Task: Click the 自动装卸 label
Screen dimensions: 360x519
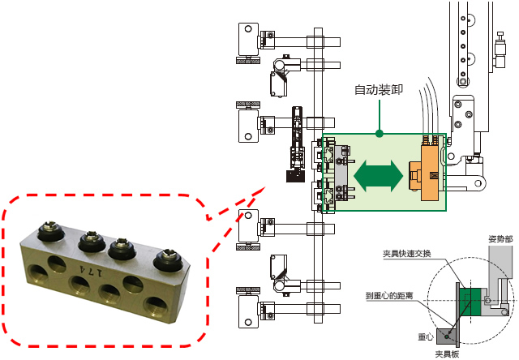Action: [378, 89]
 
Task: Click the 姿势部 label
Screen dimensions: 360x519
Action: [498, 238]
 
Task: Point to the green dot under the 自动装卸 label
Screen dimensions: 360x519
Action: [378, 129]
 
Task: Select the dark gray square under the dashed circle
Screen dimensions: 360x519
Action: [448, 336]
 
